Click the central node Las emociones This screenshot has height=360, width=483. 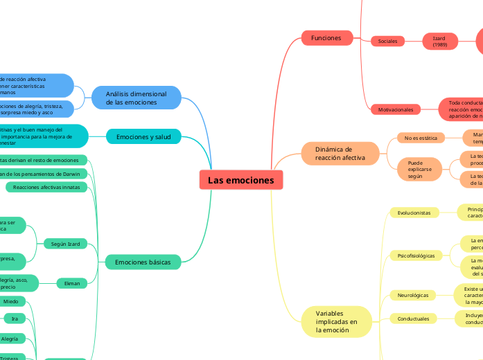tap(241, 181)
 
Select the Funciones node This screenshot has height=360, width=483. tap(326, 37)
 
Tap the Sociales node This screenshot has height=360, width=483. tap(387, 41)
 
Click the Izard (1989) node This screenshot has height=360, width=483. tap(439, 41)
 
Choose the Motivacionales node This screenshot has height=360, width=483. tap(395, 109)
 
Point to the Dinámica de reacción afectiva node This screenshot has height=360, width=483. tap(340, 154)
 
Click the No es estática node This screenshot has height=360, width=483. tap(421, 138)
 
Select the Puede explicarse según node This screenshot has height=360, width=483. tap(419, 169)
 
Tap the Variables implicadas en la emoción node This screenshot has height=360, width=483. tap(337, 322)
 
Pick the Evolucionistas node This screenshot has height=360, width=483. tap(414, 213)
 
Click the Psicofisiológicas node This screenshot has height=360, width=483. tap(416, 255)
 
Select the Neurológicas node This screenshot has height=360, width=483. tap(413, 295)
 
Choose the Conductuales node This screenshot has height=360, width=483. tap(413, 318)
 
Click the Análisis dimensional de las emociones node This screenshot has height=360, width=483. tap(136, 98)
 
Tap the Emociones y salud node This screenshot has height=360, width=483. tap(143, 137)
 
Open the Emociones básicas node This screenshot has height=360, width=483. tap(143, 262)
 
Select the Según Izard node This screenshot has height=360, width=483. tap(65, 244)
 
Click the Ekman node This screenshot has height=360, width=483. tap(72, 282)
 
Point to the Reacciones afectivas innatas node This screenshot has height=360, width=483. tap(46, 187)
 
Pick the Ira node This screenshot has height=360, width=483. tap(15, 318)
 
